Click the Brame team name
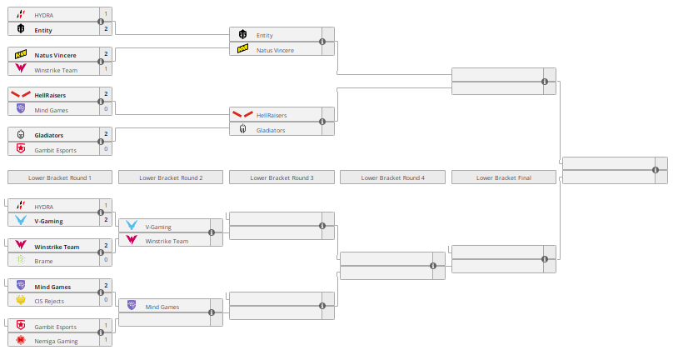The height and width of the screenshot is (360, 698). [x=44, y=261]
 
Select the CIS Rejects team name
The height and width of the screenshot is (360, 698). [x=49, y=301]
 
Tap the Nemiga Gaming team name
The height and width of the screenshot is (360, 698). [x=56, y=341]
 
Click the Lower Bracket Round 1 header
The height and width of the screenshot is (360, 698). [x=59, y=177]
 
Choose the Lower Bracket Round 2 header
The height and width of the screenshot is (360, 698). [x=170, y=177]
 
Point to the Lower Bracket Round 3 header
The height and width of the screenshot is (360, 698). [x=282, y=177]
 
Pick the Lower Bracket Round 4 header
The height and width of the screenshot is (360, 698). [x=392, y=177]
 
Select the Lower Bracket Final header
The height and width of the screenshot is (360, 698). [x=503, y=177]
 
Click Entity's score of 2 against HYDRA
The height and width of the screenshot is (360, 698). [x=106, y=29]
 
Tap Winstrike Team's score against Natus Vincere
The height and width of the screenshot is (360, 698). [x=106, y=69]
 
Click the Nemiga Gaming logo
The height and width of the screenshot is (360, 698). [x=21, y=341]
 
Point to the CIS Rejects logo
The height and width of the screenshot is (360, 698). [x=21, y=301]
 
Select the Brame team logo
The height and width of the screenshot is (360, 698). [x=21, y=261]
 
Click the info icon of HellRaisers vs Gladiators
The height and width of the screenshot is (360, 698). [x=322, y=122]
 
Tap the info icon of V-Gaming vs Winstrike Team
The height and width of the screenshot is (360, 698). [x=212, y=233]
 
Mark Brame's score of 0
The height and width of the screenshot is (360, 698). [x=106, y=261]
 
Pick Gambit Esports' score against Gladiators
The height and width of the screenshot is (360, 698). [x=106, y=149]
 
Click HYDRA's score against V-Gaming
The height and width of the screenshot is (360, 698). [x=106, y=206]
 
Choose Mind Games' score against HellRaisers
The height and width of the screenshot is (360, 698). [x=106, y=109]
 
